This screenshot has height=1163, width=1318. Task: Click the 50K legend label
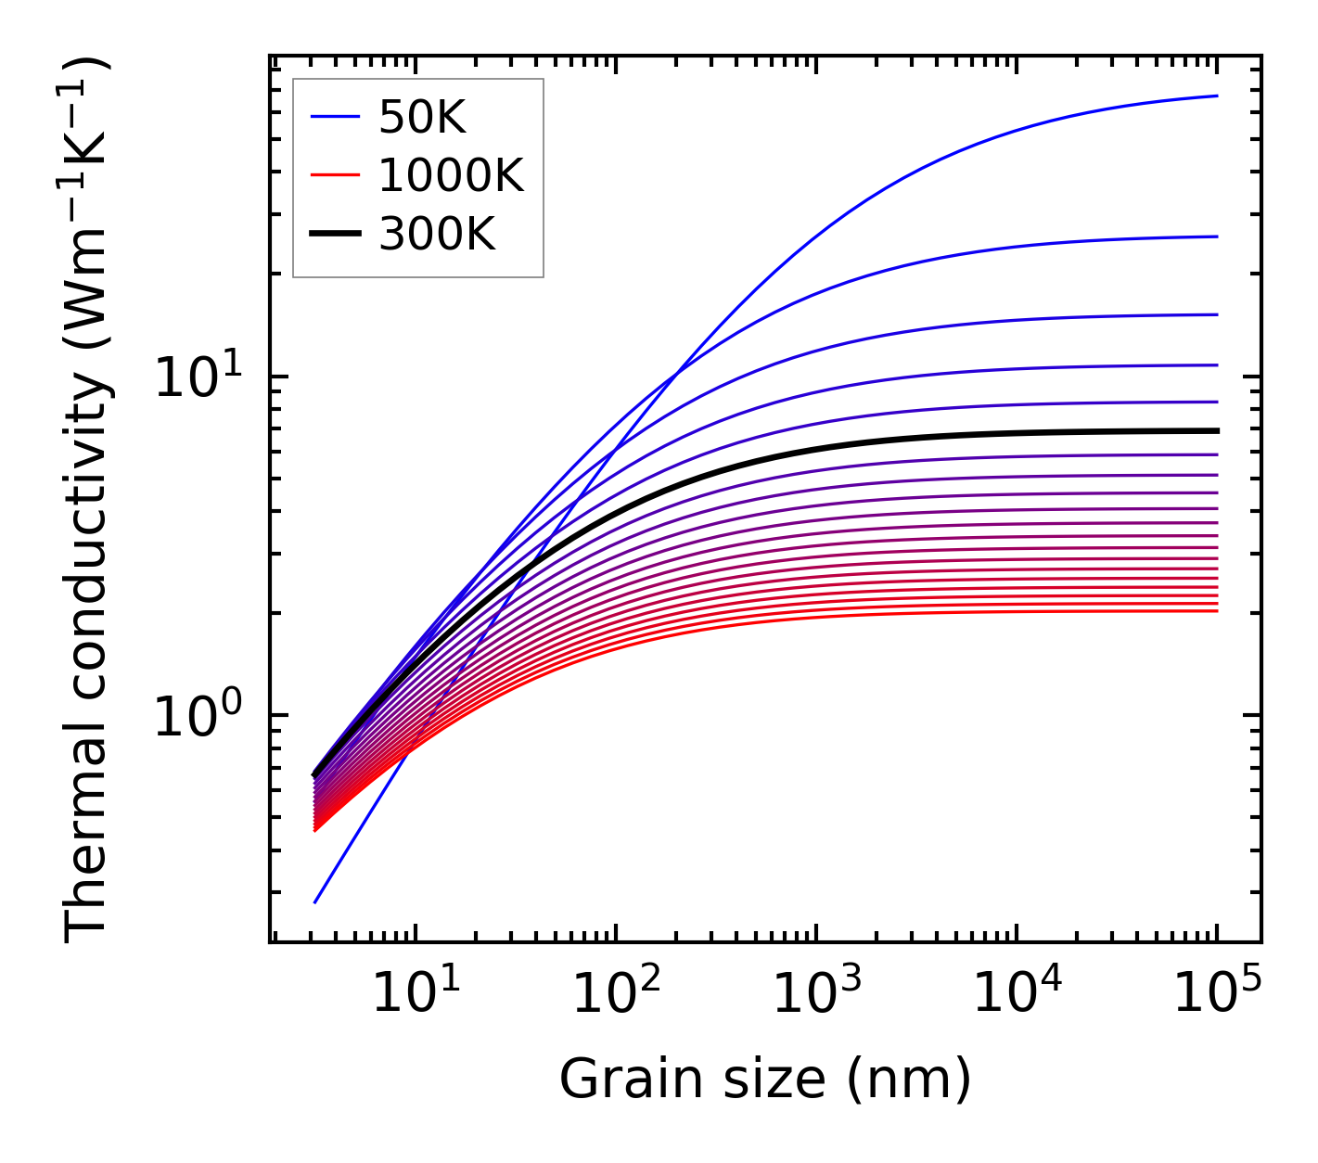coord(422,118)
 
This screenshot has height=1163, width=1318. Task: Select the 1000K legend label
coord(451,175)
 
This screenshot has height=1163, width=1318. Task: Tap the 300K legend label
coord(437,235)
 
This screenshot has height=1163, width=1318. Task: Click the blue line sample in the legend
coord(334,118)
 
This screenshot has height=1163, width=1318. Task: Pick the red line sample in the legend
coord(334,175)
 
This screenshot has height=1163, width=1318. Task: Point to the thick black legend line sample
coord(334,235)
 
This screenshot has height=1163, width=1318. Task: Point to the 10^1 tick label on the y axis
coord(197,377)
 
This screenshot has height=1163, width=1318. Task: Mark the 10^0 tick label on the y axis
coord(197,716)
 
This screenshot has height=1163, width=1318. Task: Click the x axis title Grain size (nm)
coord(765,1080)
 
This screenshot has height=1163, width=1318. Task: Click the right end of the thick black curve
coord(1217,430)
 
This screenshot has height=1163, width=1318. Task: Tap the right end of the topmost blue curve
coord(1217,96)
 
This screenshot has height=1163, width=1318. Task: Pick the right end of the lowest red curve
coord(1217,610)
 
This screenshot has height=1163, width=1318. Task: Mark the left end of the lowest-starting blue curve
coord(315,902)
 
